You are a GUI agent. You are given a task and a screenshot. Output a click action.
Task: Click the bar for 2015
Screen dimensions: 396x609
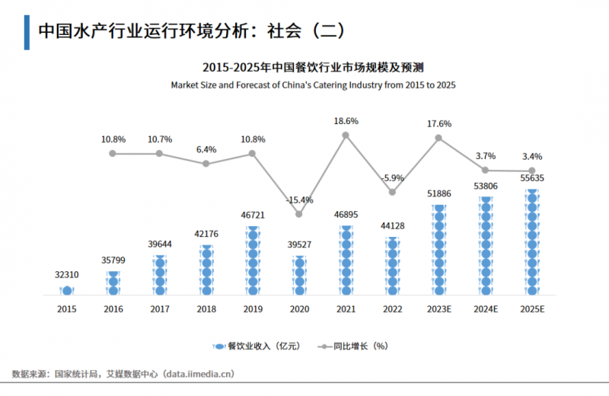tap(67, 290)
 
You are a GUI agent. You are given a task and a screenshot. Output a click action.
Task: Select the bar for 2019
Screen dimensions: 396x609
tap(253, 260)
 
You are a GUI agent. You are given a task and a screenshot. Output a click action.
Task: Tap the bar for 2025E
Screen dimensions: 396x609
tap(531, 242)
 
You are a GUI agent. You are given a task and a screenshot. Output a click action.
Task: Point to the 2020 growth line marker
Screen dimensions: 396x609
tap(299, 214)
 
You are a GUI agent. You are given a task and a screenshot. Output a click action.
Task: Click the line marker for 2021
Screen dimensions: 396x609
tap(346, 135)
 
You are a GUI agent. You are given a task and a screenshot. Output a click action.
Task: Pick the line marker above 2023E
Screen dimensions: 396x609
tap(438, 138)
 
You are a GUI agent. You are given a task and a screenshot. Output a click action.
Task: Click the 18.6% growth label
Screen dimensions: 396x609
tap(346, 120)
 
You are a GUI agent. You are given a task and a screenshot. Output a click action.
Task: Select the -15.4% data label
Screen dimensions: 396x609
tap(299, 200)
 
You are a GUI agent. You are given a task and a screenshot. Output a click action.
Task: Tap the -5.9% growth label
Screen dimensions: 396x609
tap(392, 177)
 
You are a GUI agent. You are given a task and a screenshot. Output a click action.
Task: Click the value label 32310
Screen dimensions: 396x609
tap(66, 273)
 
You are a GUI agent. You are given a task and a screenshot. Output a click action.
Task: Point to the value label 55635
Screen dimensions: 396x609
tap(531, 179)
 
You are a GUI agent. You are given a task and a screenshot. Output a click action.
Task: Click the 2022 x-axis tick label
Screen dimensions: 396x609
tap(392, 309)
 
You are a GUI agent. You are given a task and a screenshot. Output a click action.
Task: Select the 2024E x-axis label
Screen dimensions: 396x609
tap(485, 309)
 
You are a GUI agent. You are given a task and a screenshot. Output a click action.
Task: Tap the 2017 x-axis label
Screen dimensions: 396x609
tap(159, 309)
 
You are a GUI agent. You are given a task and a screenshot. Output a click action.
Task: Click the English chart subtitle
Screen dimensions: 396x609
tap(313, 85)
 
